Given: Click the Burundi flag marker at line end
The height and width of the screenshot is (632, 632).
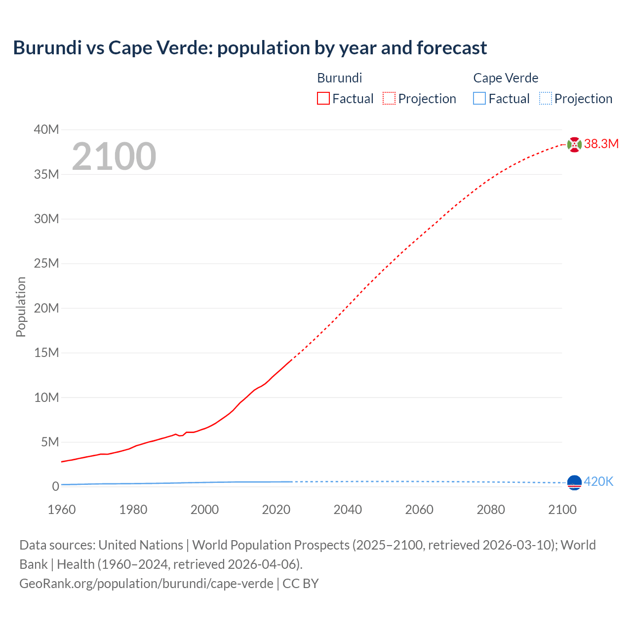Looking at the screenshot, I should click(x=574, y=144).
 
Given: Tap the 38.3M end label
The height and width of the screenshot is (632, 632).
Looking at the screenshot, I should click(x=601, y=144).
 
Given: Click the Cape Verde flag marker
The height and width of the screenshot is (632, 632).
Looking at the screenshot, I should click(x=574, y=482).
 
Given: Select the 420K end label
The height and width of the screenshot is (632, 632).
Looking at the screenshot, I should click(x=598, y=481).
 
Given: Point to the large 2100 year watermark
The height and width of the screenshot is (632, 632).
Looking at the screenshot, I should click(x=114, y=157).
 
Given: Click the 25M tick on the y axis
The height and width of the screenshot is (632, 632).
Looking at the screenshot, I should click(x=46, y=263).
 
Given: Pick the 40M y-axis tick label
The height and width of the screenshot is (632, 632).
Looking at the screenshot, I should click(x=46, y=129).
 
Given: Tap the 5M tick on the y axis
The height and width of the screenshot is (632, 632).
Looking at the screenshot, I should click(x=49, y=442).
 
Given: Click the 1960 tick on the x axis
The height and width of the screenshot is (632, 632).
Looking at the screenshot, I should click(x=62, y=510).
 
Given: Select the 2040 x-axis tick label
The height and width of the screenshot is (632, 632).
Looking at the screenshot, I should click(x=348, y=510).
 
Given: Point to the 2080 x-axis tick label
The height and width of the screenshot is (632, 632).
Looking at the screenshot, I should click(x=491, y=510).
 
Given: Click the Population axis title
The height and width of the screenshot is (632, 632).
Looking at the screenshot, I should click(x=21, y=307).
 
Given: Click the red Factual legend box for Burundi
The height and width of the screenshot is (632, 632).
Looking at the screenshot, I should click(x=323, y=98).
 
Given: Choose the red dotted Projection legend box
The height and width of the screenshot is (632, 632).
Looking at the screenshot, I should click(x=389, y=98).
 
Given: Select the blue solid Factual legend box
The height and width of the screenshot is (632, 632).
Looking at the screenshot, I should click(x=479, y=98).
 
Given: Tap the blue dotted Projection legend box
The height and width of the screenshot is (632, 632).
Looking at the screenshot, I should click(x=545, y=98).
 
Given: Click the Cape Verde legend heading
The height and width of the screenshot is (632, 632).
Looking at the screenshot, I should click(x=506, y=78).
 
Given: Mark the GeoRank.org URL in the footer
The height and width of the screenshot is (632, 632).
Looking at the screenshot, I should click(x=146, y=583).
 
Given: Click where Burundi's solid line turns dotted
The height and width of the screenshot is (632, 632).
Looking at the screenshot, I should click(x=292, y=359).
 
